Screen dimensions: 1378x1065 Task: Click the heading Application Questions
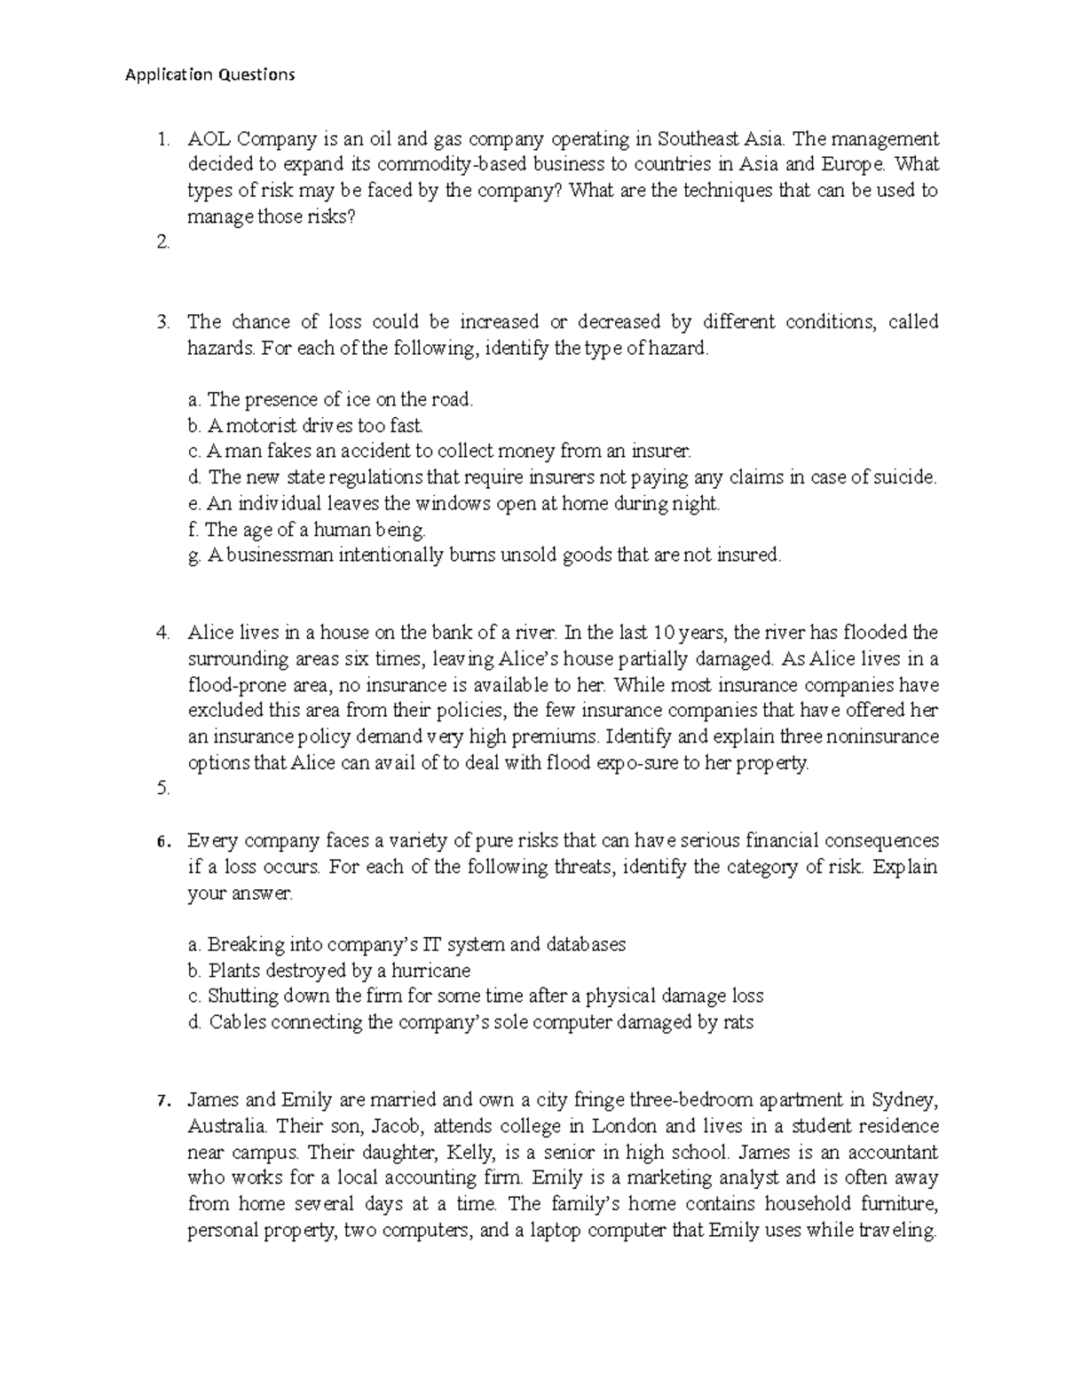(209, 75)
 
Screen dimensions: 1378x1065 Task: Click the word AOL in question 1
(208, 138)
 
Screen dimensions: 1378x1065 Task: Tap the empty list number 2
(162, 242)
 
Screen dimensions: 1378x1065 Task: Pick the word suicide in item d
(905, 477)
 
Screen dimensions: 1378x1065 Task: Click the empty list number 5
(162, 788)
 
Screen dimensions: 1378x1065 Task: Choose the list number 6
(162, 841)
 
